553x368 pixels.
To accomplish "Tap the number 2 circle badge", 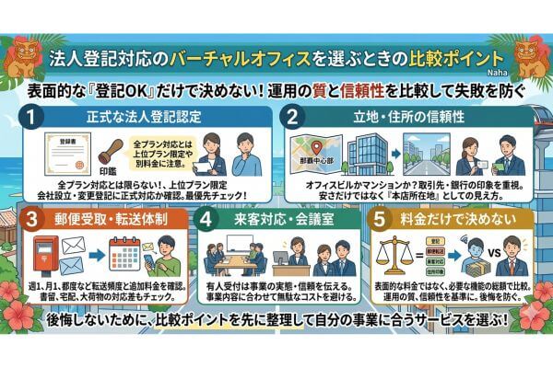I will pyautogui.click(x=294, y=118).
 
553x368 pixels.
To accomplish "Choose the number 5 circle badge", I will pyautogui.click(x=380, y=222).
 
